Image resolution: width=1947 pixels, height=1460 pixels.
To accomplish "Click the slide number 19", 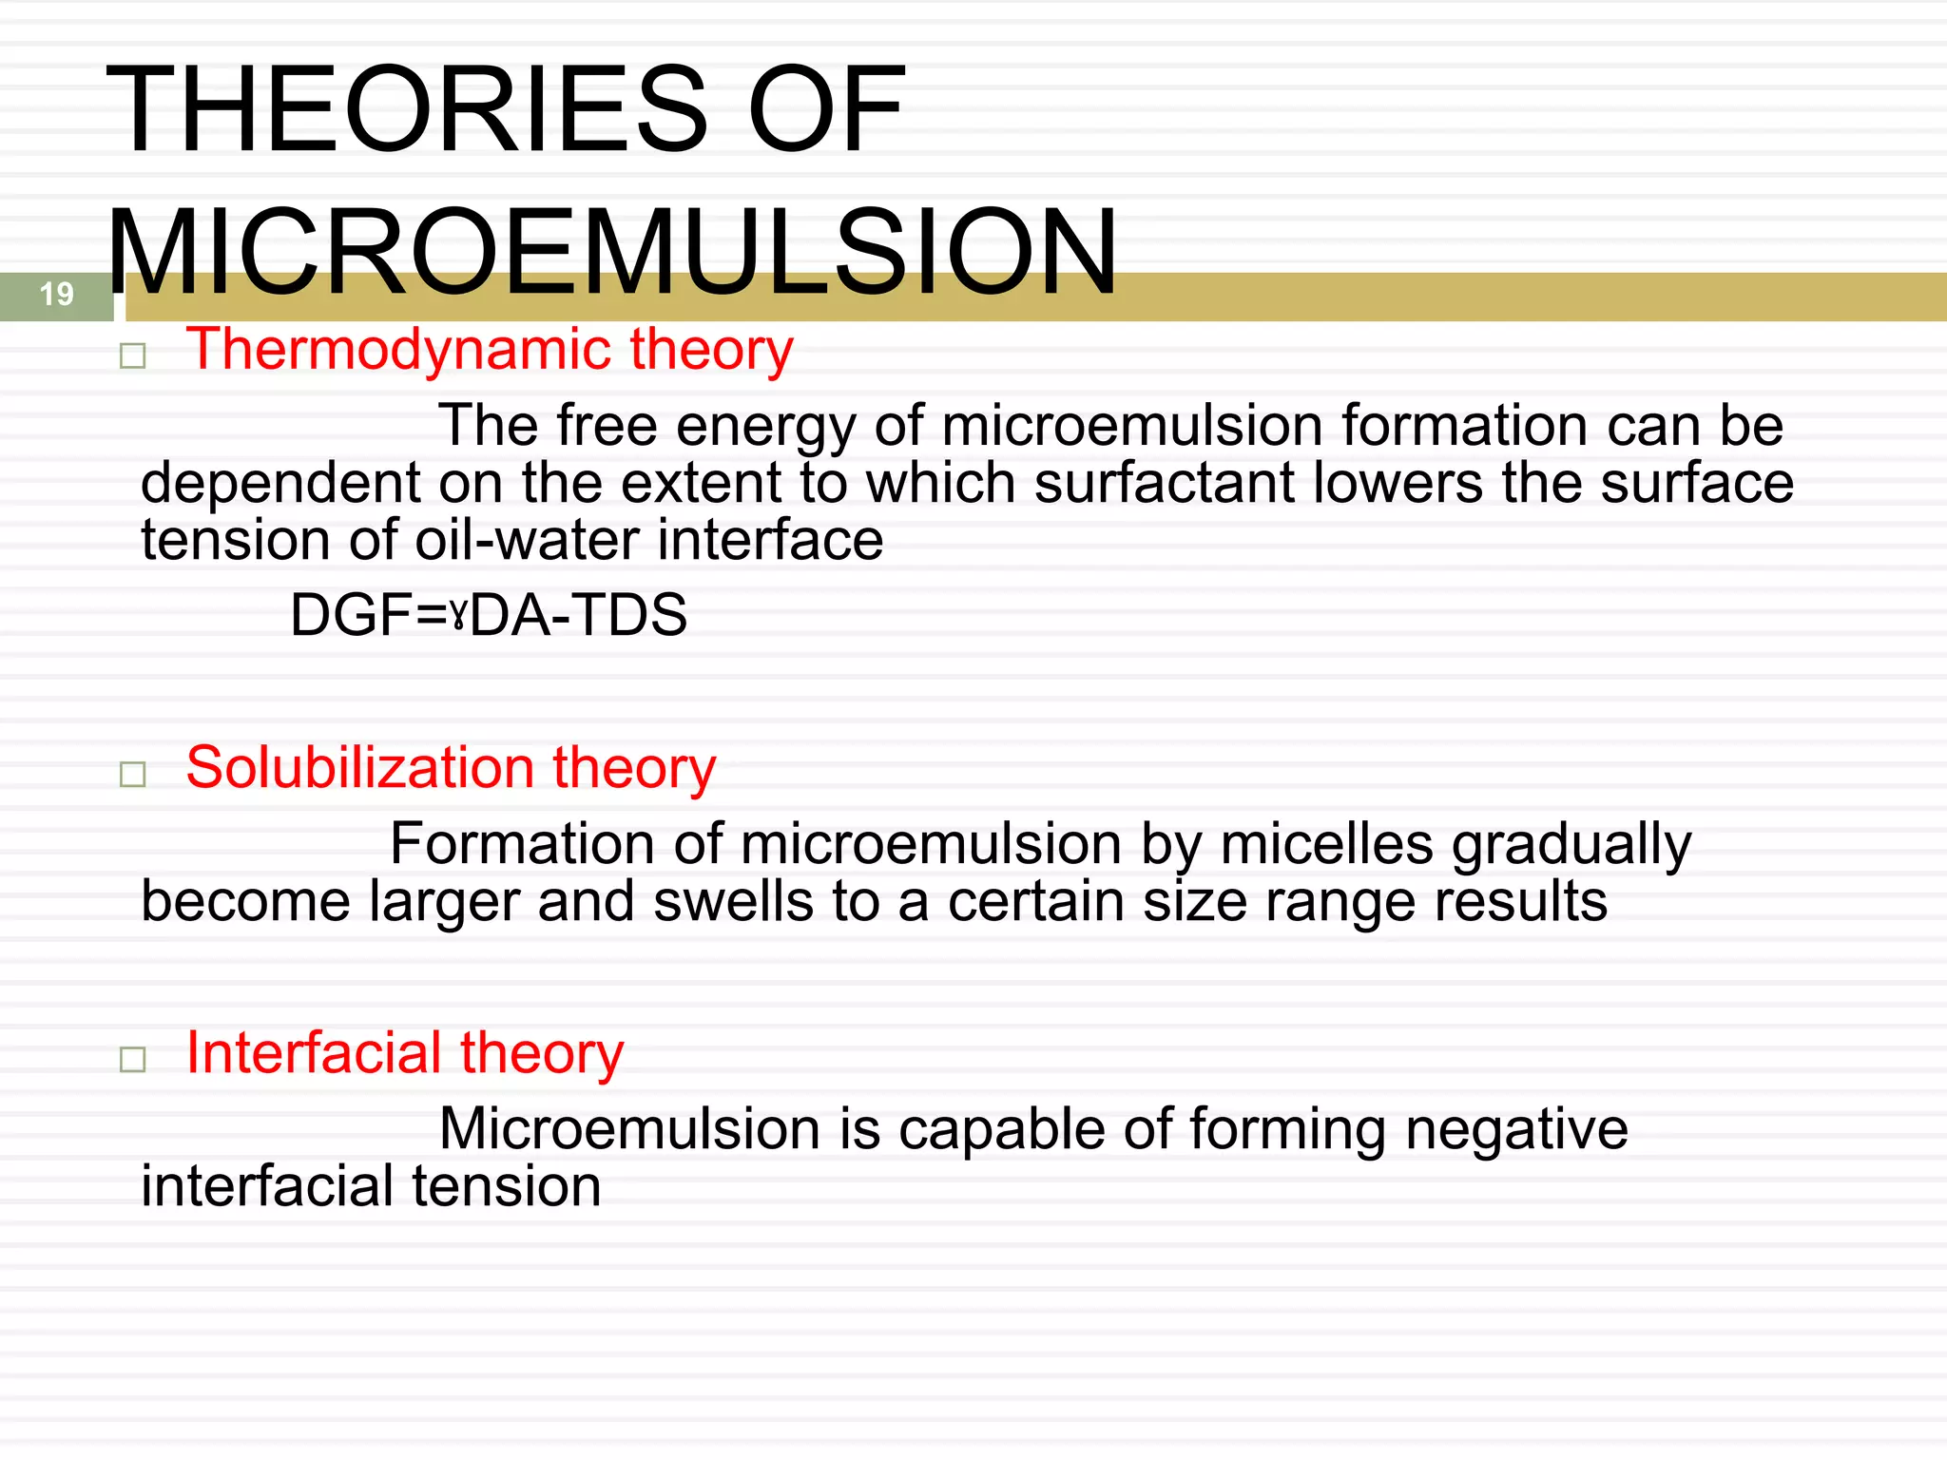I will pyautogui.click(x=57, y=294).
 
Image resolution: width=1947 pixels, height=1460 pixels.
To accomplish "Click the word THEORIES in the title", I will pyautogui.click(x=408, y=108).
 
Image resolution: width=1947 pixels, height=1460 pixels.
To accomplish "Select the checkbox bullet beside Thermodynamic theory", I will pyautogui.click(x=133, y=356).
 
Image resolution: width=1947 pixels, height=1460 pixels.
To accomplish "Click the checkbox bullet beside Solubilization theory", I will pyautogui.click(x=133, y=774).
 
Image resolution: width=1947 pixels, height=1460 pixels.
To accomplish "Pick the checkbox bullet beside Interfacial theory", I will pyautogui.click(x=133, y=1059).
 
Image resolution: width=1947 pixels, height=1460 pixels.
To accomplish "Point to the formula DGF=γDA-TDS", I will pyautogui.click(x=488, y=615).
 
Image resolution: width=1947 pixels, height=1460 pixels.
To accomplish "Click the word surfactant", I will pyautogui.click(x=1164, y=483).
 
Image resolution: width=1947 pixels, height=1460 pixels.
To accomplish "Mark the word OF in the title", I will pyautogui.click(x=826, y=108).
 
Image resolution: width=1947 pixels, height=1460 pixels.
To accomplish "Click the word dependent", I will pyautogui.click(x=280, y=483).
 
